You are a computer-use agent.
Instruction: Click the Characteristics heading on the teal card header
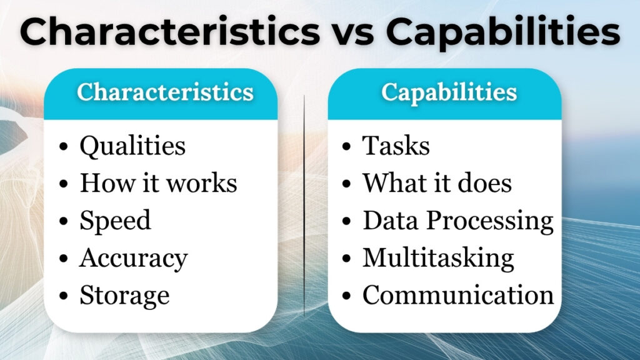pos(165,92)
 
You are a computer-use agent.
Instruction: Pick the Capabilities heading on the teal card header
pos(449,92)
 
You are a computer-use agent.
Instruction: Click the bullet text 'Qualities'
pos(132,146)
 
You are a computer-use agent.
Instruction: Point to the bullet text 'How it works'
pos(158,183)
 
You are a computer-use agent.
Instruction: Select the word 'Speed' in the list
pos(115,221)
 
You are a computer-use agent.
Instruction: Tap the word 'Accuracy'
pos(133,258)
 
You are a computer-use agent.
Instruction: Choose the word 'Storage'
pos(124,295)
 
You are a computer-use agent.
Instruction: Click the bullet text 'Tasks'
pos(396,146)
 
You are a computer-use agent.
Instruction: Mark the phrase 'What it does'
pos(437,183)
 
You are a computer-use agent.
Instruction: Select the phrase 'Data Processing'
pos(458,221)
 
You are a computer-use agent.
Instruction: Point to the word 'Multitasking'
pos(438,257)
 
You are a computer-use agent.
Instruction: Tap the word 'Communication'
pos(458,295)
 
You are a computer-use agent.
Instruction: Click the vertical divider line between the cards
pos(304,206)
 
